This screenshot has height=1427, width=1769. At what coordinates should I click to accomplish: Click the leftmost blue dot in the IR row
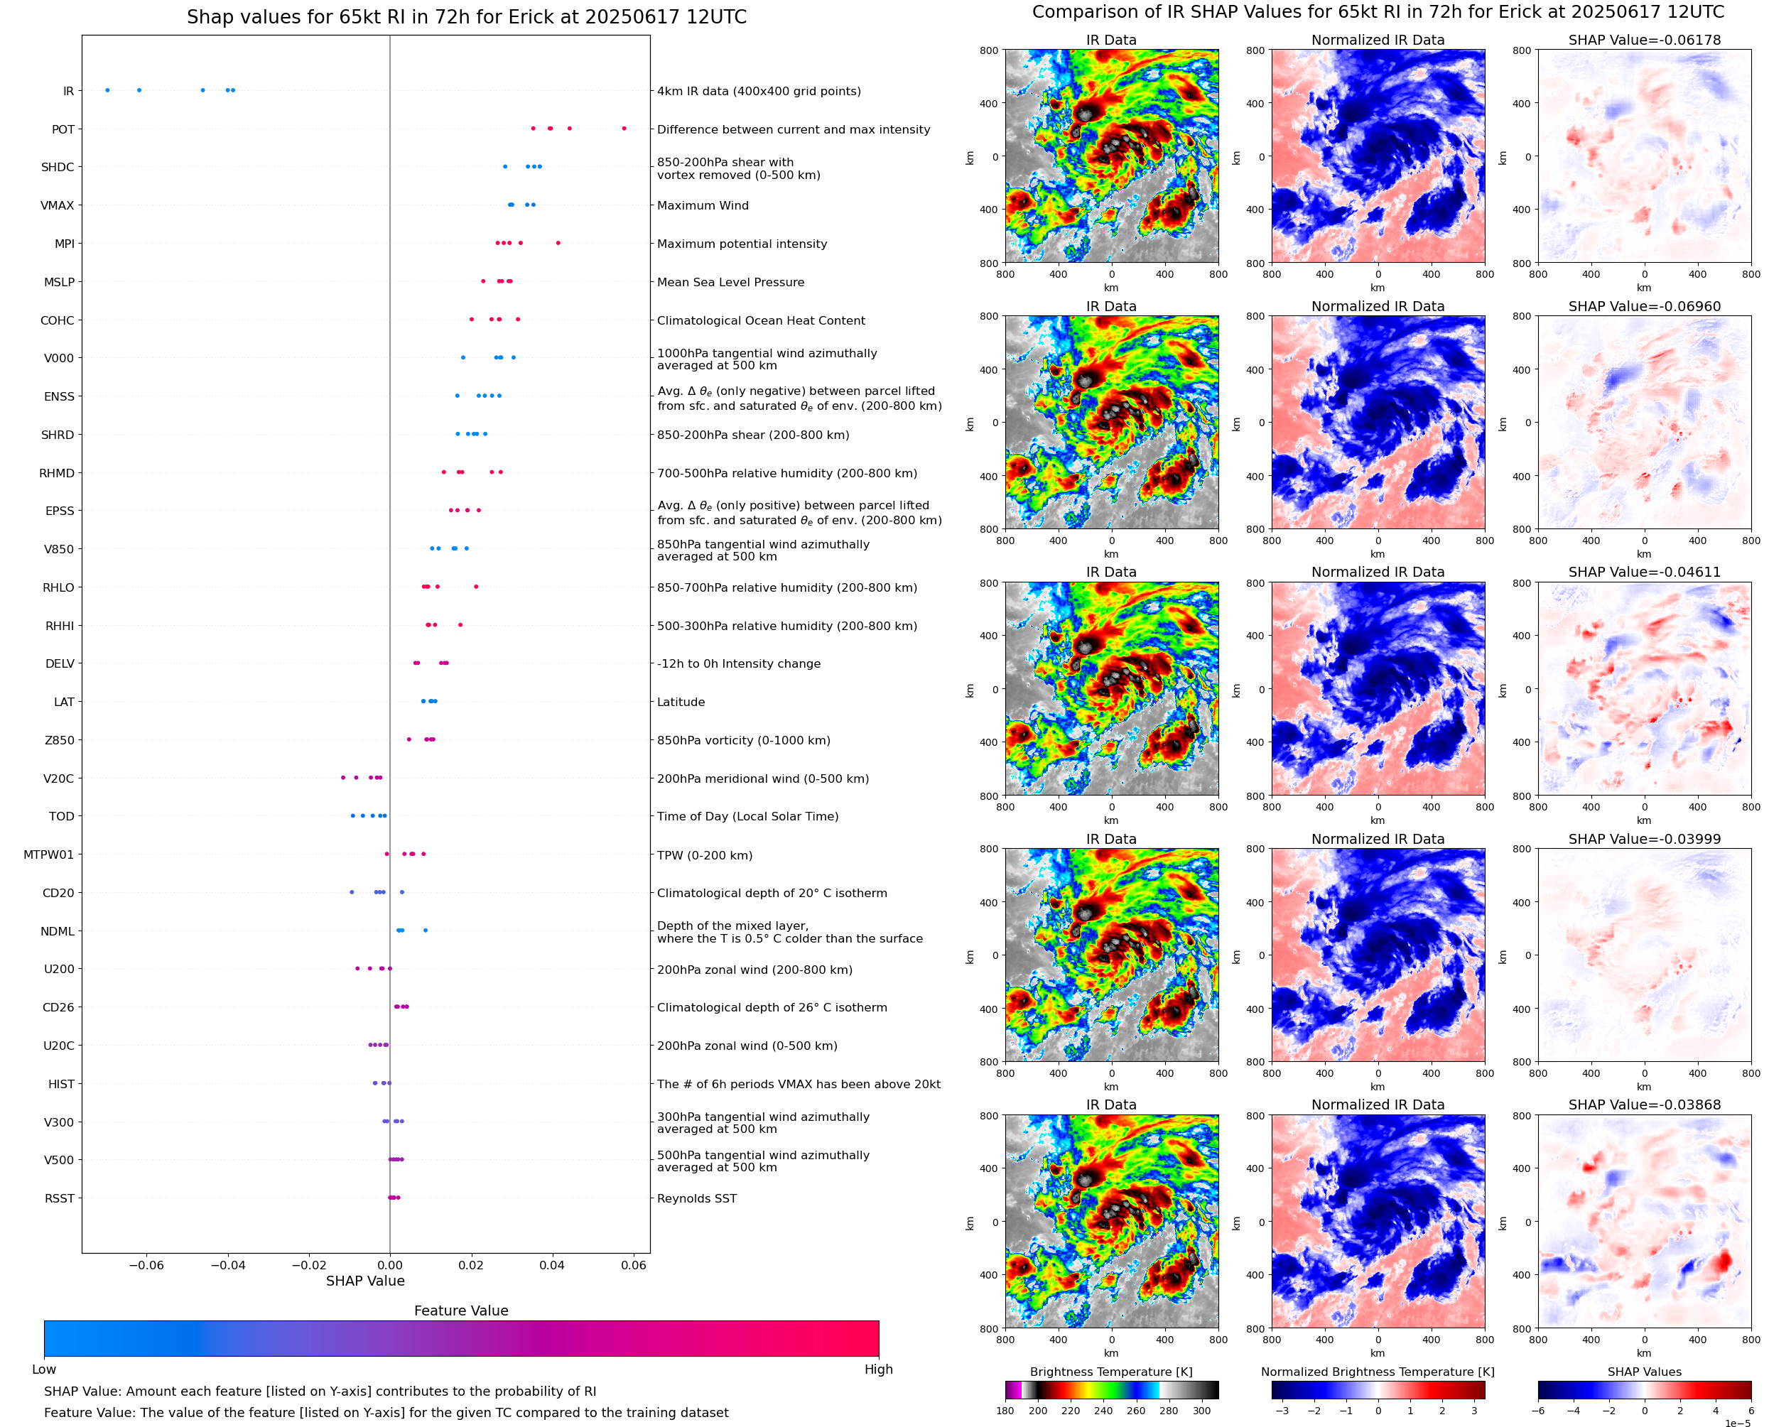108,90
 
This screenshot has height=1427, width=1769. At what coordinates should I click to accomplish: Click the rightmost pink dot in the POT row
624,129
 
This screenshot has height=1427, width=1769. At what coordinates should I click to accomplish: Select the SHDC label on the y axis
58,167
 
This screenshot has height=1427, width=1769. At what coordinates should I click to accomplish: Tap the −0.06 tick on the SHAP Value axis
146,1265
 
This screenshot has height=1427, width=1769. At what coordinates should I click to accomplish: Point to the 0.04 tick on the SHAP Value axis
551,1265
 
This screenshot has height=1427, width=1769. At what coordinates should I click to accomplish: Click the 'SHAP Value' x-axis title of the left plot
365,1281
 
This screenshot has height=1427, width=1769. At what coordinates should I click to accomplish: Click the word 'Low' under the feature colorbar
43,1369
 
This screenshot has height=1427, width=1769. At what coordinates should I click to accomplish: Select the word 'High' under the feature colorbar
878,1369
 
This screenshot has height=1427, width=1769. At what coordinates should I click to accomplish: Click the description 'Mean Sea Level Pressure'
730,282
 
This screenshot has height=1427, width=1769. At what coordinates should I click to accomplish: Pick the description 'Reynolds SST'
696,1198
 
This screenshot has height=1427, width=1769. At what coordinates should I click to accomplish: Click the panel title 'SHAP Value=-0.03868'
1644,1105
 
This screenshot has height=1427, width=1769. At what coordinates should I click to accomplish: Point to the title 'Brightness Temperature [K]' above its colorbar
1110,1372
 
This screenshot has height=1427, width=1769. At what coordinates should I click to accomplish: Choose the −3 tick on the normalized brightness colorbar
1282,1411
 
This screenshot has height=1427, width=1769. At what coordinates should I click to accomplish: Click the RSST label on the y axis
59,1198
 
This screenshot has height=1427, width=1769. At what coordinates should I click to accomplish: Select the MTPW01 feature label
48,855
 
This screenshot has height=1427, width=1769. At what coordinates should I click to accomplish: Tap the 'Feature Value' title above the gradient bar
460,1311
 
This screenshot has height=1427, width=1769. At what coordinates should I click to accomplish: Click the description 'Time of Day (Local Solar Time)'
747,816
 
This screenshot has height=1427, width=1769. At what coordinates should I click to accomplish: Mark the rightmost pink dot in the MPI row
558,242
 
